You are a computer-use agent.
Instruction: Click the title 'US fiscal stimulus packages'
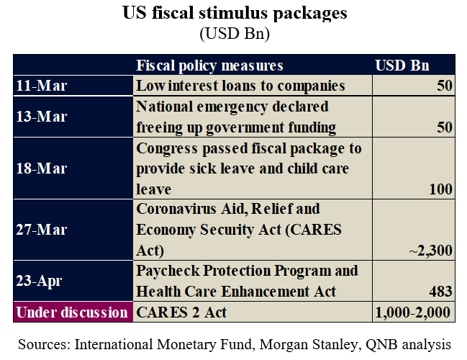pos(233,14)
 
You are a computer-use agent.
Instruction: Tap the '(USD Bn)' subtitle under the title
pos(233,32)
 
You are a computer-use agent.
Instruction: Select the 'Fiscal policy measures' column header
pos(210,66)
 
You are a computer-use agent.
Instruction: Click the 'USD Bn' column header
pos(402,66)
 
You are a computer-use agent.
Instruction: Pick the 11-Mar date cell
pos(41,86)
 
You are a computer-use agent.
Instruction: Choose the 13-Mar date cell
pos(41,117)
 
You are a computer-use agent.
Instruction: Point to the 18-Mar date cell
pos(41,168)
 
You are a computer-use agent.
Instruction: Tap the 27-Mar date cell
pos(41,230)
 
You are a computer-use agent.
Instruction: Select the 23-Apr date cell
pos(40,282)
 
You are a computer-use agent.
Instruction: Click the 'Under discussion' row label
pos(71,312)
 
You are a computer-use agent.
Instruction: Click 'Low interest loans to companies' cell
pos(241,86)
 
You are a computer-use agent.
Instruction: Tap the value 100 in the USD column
pos(440,189)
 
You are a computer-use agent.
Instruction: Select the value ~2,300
pos(430,251)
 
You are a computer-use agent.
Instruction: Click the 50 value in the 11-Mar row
pos(444,86)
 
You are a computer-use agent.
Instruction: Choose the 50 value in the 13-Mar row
pos(444,127)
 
